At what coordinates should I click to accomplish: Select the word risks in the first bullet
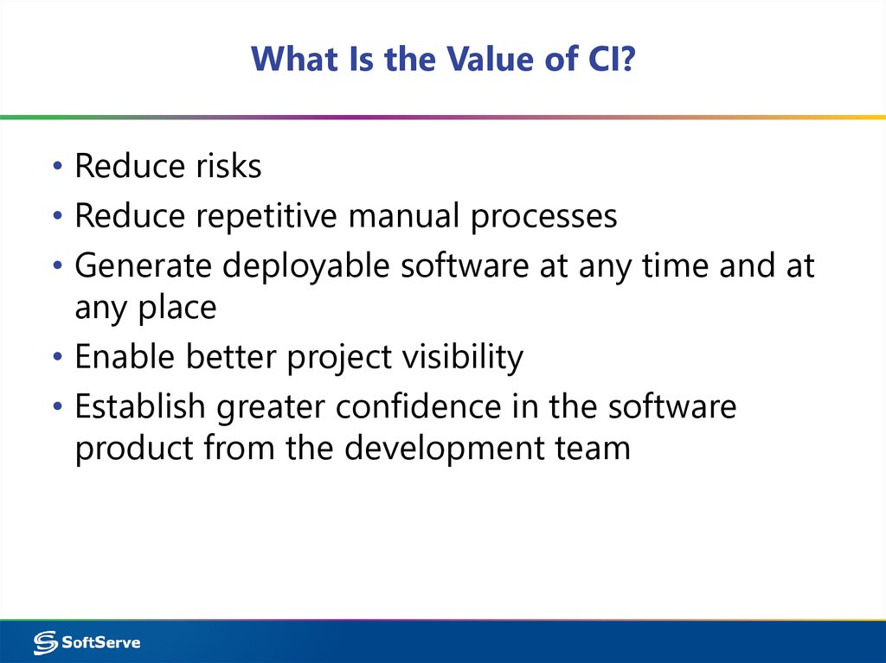point(221,166)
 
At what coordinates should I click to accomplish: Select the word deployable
point(306,265)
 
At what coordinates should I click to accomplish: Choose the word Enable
point(125,356)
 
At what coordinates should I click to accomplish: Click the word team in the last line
point(593,449)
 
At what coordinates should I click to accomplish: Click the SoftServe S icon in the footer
point(45,642)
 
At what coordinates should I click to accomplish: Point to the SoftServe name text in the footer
point(101,642)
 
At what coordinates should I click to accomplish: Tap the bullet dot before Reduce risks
point(56,168)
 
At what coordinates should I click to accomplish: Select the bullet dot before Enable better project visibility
point(56,358)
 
